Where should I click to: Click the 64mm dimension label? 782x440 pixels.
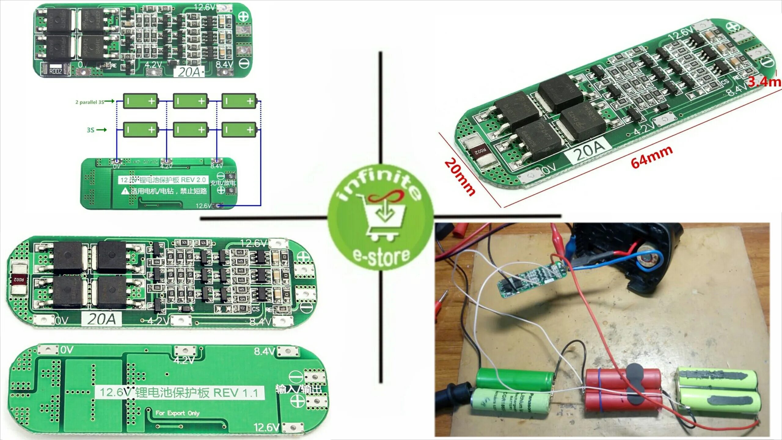coord(652,157)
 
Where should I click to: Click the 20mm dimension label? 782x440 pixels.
coord(460,177)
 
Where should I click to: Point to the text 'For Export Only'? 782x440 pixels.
coord(177,413)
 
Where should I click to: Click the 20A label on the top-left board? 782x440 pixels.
coord(189,72)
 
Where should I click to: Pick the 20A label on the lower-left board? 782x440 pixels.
coord(102,320)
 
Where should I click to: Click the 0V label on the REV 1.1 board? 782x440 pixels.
coord(67,350)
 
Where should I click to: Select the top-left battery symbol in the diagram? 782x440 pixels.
coord(141,101)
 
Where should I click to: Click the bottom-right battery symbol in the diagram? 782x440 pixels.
coord(239,130)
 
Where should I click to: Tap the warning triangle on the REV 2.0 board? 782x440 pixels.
coord(125,191)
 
